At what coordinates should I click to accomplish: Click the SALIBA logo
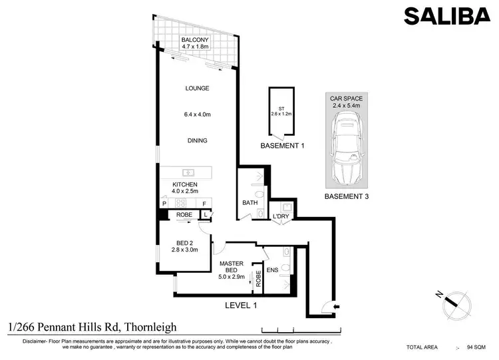pyautogui.click(x=446, y=15)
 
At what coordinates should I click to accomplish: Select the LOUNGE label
pyautogui.click(x=198, y=88)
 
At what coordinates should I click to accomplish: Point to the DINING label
pyautogui.click(x=198, y=140)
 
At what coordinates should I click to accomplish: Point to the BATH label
pyautogui.click(x=250, y=203)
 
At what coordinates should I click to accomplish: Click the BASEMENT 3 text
pyautogui.click(x=345, y=197)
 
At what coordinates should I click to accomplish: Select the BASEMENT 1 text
pyautogui.click(x=282, y=144)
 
